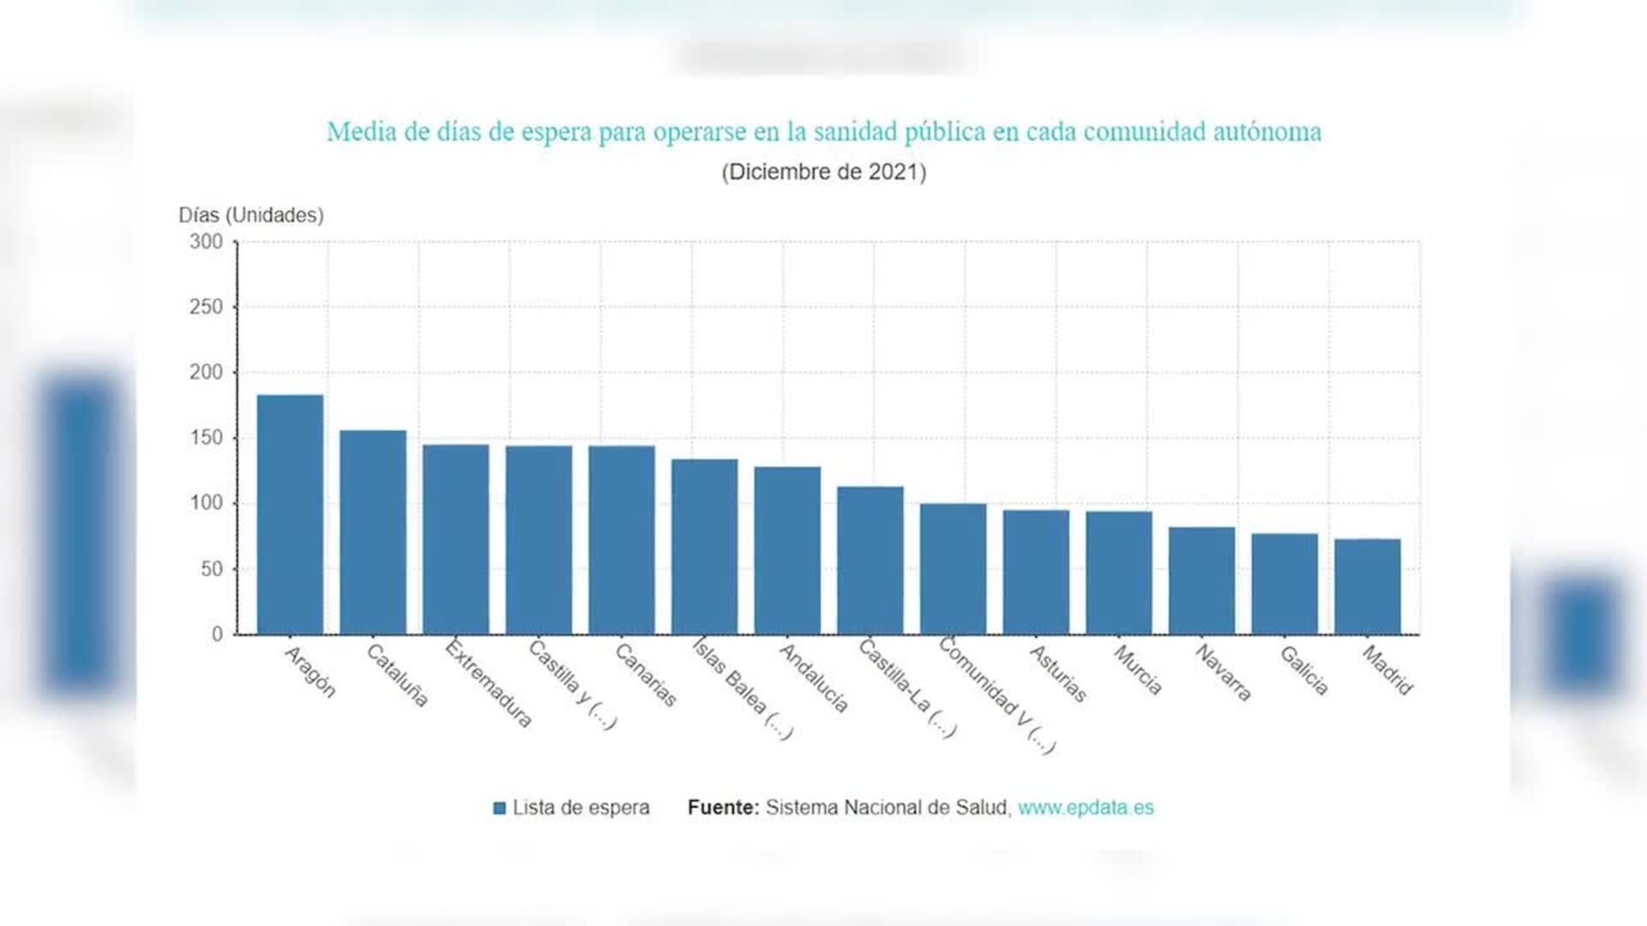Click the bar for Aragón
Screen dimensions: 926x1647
coord(290,514)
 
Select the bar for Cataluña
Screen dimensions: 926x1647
coord(373,532)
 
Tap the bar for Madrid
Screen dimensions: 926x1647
coord(1367,586)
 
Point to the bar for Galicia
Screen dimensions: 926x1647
coord(1284,584)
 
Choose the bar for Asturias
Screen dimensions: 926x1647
coord(1036,572)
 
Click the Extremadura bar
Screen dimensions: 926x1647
coord(455,539)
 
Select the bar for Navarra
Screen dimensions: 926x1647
coord(1202,580)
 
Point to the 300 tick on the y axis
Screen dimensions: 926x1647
coord(206,242)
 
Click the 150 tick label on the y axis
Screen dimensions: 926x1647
coord(206,438)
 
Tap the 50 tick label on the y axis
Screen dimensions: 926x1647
coord(211,569)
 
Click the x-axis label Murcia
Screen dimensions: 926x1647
coord(1137,670)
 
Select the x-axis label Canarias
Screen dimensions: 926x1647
coord(646,675)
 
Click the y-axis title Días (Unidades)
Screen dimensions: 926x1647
coord(250,215)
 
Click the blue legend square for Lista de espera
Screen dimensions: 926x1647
coord(499,808)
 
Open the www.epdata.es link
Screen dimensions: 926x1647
coord(1085,808)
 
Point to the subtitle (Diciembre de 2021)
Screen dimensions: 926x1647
coord(823,172)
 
